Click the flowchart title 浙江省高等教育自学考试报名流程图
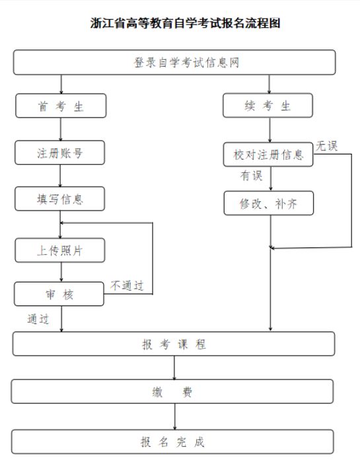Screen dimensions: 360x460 pos(185,23)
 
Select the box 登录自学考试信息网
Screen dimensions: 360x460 pos(174,62)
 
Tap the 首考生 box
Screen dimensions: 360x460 pos(61,106)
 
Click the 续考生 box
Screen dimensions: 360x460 pos(268,106)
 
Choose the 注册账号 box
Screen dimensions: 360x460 pos(60,152)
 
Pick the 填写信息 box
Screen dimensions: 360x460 pos(60,199)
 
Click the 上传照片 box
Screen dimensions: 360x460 pos(60,250)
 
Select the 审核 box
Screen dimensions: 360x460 pos(59,294)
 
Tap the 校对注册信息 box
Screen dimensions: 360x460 pos(268,154)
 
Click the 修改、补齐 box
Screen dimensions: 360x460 pos(269,203)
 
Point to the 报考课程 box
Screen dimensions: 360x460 pos(174,344)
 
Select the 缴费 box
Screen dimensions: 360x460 pos(172,391)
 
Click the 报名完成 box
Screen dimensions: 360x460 pos(172,442)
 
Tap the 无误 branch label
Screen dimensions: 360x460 pos(326,146)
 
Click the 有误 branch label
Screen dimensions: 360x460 pos(252,176)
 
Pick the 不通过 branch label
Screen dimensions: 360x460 pos(127,286)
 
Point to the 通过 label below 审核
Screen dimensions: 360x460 pos(38,319)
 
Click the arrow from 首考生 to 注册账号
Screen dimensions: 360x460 pos(61,129)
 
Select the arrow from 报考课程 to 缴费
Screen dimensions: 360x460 pos(174,368)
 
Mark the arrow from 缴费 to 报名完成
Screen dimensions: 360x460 pos(175,416)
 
